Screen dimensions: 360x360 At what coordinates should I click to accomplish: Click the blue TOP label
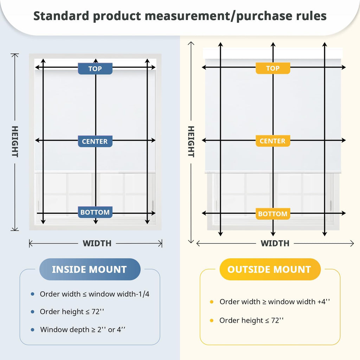point(95,69)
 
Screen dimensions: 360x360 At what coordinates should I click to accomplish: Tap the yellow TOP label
point(273,68)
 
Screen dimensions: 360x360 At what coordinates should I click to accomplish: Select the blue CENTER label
point(95,141)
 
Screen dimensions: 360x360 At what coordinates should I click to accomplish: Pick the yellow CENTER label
point(273,141)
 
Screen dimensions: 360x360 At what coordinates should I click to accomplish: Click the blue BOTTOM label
point(95,212)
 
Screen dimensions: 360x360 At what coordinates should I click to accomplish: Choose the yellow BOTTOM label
point(273,214)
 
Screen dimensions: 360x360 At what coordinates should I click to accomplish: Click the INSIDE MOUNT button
point(90,269)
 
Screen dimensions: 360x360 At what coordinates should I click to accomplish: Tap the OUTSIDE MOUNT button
point(270,269)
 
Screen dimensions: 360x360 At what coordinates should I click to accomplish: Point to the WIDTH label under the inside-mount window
point(97,243)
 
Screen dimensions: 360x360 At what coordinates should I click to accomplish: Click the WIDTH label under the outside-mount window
point(275,243)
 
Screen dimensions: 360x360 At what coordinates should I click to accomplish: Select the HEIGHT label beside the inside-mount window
point(15,142)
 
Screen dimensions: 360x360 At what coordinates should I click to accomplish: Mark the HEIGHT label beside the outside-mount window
point(191,142)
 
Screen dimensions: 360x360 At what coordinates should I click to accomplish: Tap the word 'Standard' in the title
point(61,16)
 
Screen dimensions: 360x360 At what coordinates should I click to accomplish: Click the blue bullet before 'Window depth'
point(33,330)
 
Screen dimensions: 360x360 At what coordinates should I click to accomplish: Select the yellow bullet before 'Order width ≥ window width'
point(212,302)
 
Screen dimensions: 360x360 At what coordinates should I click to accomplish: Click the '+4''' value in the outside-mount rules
point(324,302)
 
